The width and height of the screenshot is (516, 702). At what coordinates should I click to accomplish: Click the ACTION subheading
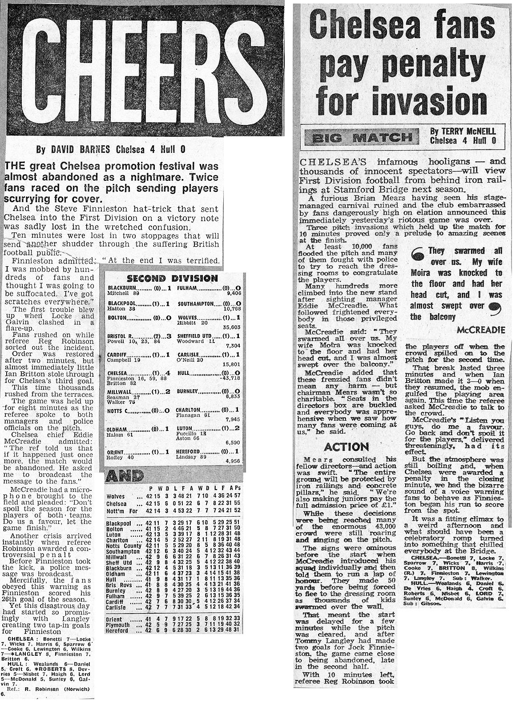tap(347, 447)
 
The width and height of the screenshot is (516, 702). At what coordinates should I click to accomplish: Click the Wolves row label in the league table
tap(116, 496)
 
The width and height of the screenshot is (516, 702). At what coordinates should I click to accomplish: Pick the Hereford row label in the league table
tap(118, 630)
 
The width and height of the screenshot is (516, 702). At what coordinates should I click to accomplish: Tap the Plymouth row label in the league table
tap(118, 624)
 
